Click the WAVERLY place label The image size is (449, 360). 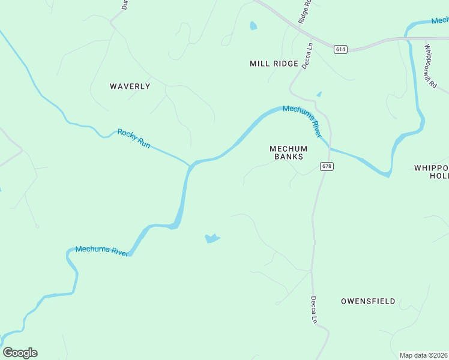click(x=130, y=86)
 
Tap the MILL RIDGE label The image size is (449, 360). click(x=274, y=64)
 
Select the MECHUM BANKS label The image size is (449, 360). click(x=288, y=152)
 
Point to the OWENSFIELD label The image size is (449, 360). click(x=368, y=301)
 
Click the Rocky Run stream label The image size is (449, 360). click(x=134, y=139)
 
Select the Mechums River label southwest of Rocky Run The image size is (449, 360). click(x=102, y=251)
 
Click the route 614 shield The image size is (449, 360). click(x=340, y=49)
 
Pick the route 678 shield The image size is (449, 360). click(x=326, y=166)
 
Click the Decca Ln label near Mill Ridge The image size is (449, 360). click(x=308, y=55)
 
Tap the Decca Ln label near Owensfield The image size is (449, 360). click(x=313, y=310)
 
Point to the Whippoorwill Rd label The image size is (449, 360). click(x=430, y=65)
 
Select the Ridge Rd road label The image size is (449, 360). click(x=305, y=11)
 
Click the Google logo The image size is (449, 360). click(x=20, y=353)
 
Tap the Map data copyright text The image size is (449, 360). click(x=424, y=355)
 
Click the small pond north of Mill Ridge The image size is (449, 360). click(x=253, y=26)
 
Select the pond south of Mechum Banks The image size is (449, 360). click(x=212, y=238)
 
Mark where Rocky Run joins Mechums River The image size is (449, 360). click(x=191, y=163)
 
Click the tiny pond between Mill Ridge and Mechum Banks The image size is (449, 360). click(x=319, y=94)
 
